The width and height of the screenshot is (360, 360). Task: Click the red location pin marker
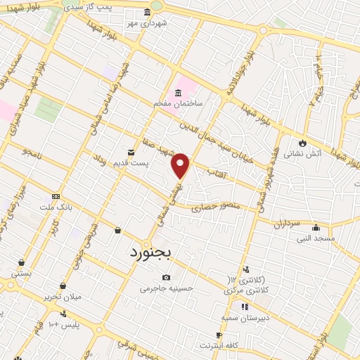181,165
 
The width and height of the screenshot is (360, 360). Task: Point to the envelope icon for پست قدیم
131,152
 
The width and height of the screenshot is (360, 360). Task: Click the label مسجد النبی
316,238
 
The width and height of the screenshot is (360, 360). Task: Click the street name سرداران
287,224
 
